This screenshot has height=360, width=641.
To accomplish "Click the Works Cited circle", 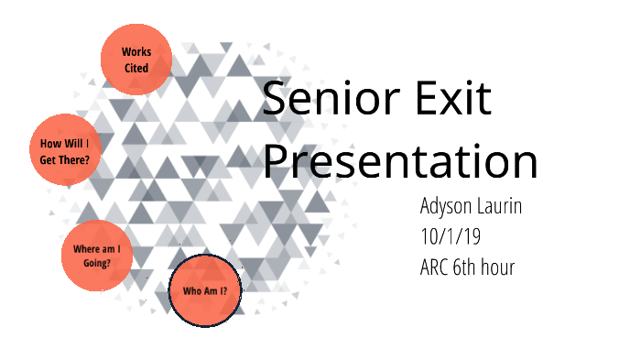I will (136, 60).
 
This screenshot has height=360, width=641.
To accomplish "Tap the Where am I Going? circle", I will (97, 255).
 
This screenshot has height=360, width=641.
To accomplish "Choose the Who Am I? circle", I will (205, 291).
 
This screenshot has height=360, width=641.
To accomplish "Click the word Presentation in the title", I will (400, 161).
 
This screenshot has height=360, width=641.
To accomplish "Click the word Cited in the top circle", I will (136, 69).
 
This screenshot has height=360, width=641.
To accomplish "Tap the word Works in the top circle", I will (136, 51).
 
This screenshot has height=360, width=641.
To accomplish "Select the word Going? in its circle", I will (96, 263).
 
